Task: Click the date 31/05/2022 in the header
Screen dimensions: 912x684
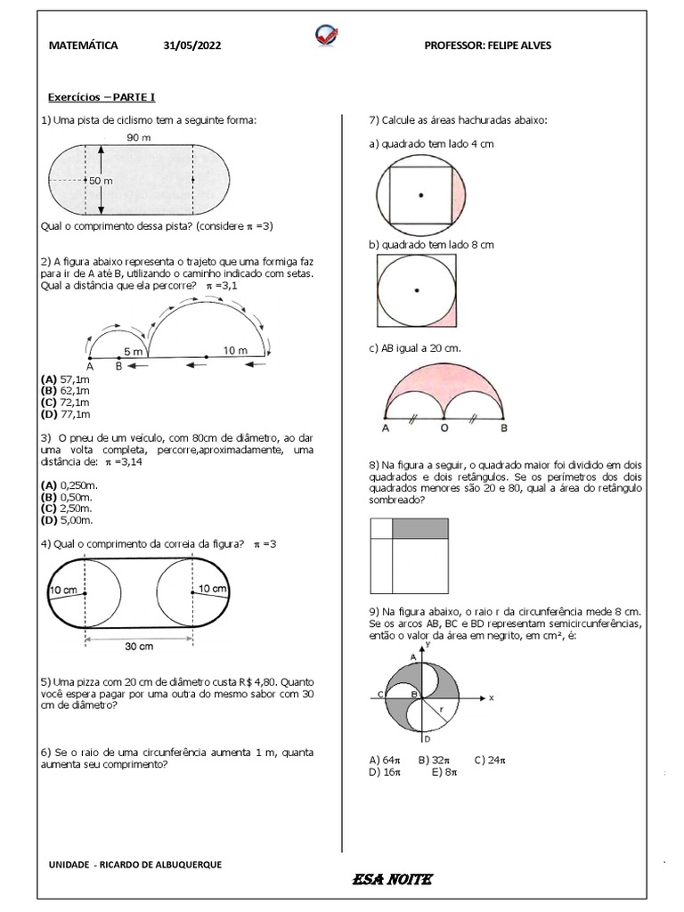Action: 189,45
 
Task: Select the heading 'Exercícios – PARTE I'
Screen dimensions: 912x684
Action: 102,98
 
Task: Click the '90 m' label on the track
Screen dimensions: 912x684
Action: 138,138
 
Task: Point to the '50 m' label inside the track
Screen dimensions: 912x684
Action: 100,181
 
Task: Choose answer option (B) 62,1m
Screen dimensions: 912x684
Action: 65,390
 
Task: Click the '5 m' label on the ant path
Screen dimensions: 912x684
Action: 134,351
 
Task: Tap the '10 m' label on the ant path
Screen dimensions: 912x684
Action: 235,351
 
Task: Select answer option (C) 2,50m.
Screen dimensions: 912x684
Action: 68,509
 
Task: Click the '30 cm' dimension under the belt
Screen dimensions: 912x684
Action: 138,646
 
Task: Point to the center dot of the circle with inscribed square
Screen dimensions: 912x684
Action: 420,194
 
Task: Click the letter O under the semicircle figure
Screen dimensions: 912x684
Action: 443,428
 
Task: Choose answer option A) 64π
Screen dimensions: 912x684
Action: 382,760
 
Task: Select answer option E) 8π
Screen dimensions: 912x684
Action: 444,772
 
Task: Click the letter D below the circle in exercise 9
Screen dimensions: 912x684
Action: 427,738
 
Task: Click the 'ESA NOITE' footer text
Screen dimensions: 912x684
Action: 392,880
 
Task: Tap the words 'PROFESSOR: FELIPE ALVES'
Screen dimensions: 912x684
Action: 487,45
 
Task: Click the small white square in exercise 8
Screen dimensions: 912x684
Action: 380,528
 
